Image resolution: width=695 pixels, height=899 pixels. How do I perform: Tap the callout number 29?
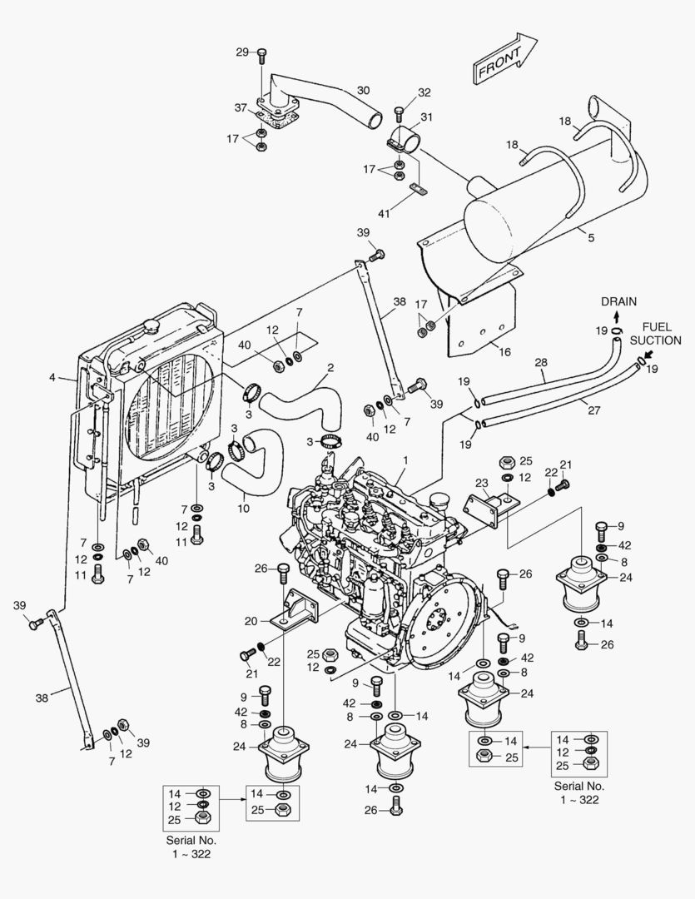pyautogui.click(x=242, y=52)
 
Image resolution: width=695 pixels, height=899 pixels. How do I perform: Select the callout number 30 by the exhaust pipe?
pyautogui.click(x=363, y=90)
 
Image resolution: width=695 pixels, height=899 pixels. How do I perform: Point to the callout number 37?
pyautogui.click(x=240, y=108)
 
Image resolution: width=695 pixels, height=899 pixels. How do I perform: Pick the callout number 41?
pyautogui.click(x=383, y=214)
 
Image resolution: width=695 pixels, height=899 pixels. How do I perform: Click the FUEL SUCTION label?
pyautogui.click(x=655, y=334)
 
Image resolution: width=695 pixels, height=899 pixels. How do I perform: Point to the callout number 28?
pyautogui.click(x=542, y=364)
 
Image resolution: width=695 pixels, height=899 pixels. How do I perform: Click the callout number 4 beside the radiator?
pyautogui.click(x=52, y=377)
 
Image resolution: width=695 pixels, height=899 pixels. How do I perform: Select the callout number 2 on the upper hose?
pyautogui.click(x=330, y=367)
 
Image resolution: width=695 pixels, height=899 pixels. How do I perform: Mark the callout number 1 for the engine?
pyautogui.click(x=405, y=459)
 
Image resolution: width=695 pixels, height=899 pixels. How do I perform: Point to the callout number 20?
pyautogui.click(x=252, y=620)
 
